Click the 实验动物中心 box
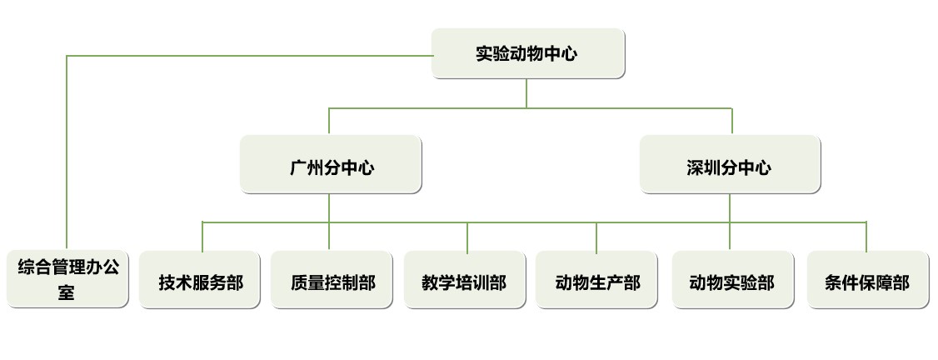(527, 54)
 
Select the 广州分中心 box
(331, 165)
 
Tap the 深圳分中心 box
(730, 165)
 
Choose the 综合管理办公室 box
(67, 279)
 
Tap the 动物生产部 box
(597, 281)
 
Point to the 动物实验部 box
(731, 281)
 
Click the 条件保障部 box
(866, 281)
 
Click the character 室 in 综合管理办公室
(67, 292)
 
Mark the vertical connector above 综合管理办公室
(67, 150)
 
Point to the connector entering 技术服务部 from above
(202, 237)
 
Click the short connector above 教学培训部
(467, 237)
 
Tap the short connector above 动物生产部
(596, 237)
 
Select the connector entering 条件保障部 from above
(866, 237)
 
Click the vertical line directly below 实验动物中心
(526, 93)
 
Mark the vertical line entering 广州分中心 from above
(329, 122)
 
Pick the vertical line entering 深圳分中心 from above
(732, 122)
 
